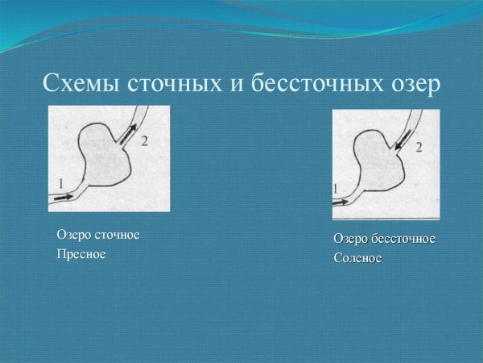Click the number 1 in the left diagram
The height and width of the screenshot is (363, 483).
click(60, 183)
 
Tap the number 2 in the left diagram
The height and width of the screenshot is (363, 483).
click(144, 141)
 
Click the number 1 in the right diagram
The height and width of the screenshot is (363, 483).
click(336, 188)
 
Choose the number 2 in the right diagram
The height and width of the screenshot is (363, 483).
click(419, 147)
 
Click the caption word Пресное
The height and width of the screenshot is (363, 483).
click(81, 254)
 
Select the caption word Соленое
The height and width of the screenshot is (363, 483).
click(357, 259)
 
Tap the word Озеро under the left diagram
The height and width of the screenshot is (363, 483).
click(73, 235)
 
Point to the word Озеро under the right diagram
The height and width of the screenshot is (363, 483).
click(352, 240)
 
